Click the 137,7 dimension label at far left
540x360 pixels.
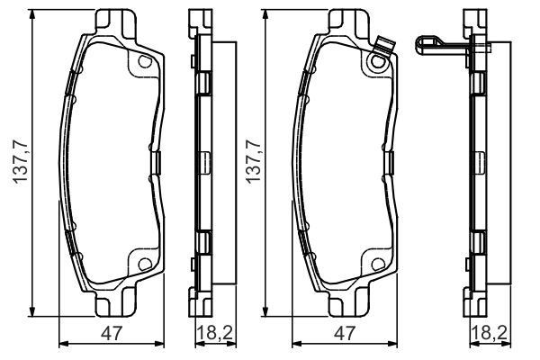20,162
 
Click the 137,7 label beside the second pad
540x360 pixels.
253,162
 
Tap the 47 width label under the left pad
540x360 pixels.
112,334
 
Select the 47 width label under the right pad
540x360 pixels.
345,334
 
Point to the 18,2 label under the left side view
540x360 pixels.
215,334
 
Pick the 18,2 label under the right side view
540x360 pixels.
490,334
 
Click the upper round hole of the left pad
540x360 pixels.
145,61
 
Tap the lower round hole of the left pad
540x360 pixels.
145,265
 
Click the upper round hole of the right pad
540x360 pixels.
378,62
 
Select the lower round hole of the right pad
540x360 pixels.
378,265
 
